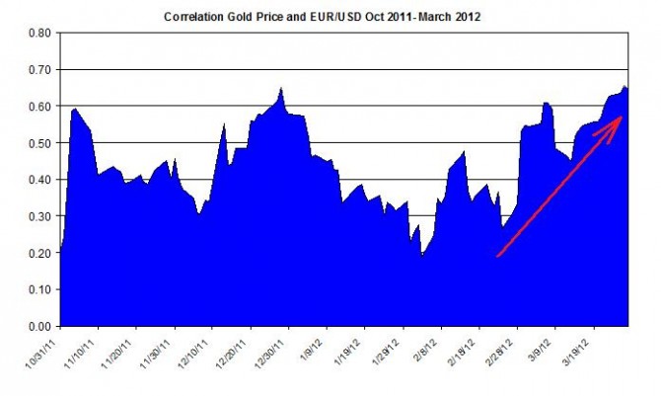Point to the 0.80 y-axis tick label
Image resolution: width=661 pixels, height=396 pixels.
[37, 34]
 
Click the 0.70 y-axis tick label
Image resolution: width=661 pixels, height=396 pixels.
[37, 70]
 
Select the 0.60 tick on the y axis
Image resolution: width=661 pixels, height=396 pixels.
[37, 107]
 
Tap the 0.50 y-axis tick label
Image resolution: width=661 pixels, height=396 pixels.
[37, 143]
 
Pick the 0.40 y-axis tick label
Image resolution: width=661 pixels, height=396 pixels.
[37, 180]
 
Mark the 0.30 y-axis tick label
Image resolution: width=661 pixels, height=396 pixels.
[37, 216]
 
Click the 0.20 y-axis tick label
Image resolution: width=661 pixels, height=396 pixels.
[37, 253]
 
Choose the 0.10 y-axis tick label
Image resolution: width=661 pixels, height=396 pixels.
[37, 289]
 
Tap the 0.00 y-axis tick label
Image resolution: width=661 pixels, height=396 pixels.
[37, 326]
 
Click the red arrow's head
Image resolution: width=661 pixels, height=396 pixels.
[619, 119]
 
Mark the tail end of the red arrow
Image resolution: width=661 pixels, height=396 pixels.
[496, 256]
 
